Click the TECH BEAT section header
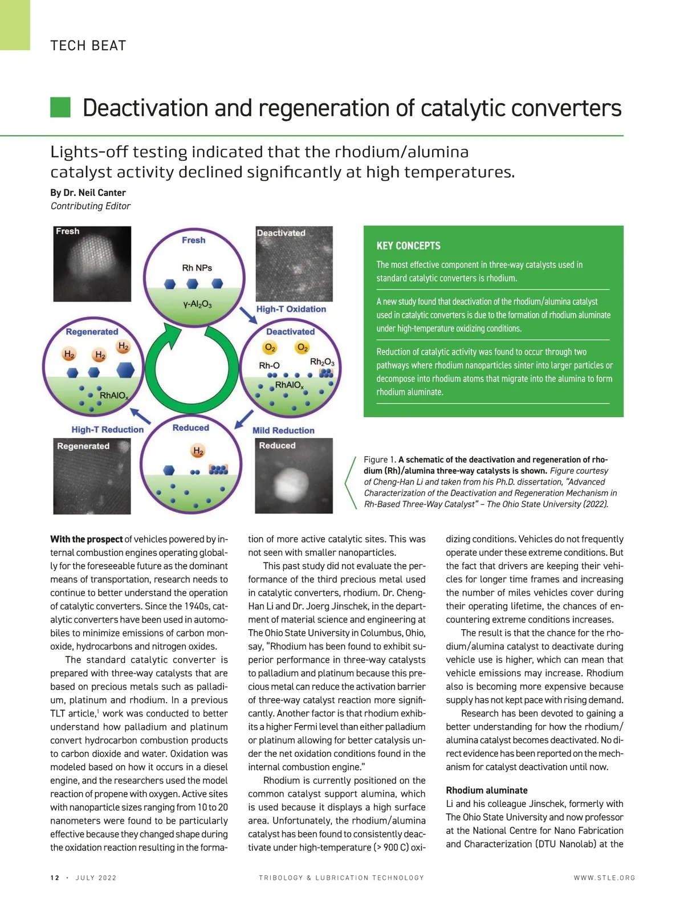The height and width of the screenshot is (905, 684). tap(88, 46)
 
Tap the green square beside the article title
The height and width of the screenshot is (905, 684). tap(60, 107)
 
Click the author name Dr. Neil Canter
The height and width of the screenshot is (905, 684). tap(88, 193)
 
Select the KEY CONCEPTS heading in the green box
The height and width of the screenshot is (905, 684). tap(408, 246)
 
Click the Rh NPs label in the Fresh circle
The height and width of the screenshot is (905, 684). tap(197, 267)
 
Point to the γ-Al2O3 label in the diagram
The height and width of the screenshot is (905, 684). tap(197, 304)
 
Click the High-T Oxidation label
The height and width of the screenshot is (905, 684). tap(291, 309)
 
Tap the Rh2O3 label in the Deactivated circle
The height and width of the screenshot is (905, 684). tap(322, 362)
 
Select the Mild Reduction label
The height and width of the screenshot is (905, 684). tap(283, 430)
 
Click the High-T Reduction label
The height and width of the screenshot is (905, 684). tap(107, 430)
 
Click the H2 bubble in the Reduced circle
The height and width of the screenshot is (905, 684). tap(198, 451)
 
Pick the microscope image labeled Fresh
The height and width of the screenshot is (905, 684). tap(92, 264)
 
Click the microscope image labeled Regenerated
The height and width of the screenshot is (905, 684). tap(92, 476)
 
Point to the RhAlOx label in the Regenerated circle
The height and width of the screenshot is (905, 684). tap(114, 396)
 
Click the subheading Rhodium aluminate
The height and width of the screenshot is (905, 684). tap(486, 790)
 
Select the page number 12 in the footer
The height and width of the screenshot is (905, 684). tap(55, 878)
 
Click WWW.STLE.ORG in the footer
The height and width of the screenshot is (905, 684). tap(604, 878)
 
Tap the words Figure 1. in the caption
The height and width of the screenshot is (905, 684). tap(380, 459)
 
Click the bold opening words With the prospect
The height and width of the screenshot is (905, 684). tap(86, 539)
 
